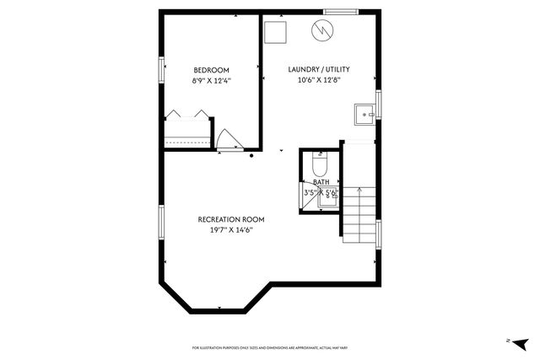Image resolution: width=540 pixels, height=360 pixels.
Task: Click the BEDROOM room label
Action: pos(211,70)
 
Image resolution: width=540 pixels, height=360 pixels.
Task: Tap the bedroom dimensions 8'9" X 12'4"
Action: pos(211,81)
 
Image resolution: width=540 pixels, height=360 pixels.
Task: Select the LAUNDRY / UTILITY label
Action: pos(318,70)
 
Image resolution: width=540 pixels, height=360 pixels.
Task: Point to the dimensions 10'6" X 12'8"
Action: pos(318,81)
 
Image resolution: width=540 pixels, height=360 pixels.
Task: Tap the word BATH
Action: pos(321,182)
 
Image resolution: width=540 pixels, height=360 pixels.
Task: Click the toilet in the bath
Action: pos(320,163)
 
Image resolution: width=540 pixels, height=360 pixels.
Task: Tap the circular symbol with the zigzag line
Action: pos(322,31)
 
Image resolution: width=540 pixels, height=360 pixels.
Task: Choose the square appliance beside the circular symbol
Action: pos(276,32)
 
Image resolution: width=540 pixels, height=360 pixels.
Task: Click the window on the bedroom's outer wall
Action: pos(160,71)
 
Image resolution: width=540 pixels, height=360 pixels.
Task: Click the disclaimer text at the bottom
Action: pos(269,347)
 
